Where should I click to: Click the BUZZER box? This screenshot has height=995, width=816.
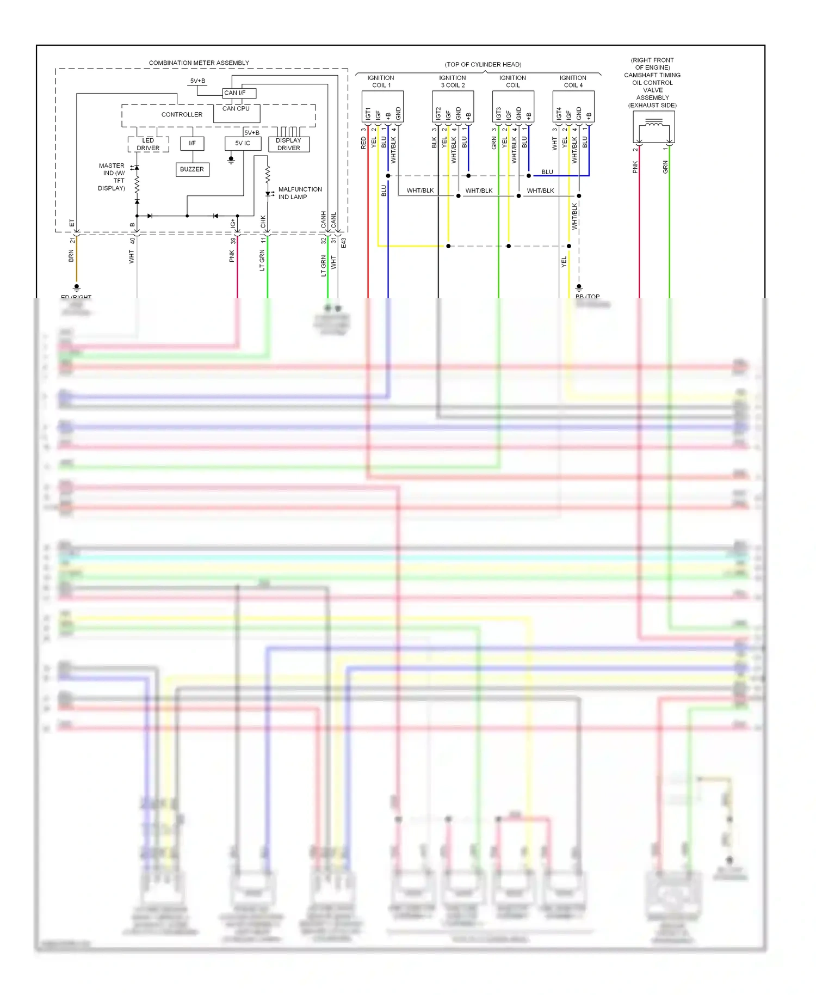pyautogui.click(x=192, y=169)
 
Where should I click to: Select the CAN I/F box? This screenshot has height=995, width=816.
pyautogui.click(x=238, y=93)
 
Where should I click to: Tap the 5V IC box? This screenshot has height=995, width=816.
pyautogui.click(x=243, y=143)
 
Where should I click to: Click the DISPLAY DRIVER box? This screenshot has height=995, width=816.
pyautogui.click(x=288, y=144)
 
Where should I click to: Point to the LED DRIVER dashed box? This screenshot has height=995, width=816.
pyautogui.click(x=148, y=144)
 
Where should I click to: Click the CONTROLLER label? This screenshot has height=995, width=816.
pyautogui.click(x=182, y=114)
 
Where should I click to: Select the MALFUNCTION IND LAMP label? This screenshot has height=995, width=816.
pyautogui.click(x=300, y=193)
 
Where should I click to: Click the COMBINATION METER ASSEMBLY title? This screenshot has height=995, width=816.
pyautogui.click(x=199, y=63)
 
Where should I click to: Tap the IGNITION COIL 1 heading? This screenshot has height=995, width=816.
pyautogui.click(x=381, y=82)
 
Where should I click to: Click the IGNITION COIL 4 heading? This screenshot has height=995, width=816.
pyautogui.click(x=573, y=82)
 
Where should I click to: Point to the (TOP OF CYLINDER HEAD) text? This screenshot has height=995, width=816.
pyautogui.click(x=483, y=65)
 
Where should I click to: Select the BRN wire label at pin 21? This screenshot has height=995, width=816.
pyautogui.click(x=71, y=256)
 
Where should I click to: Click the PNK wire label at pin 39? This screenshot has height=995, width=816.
pyautogui.click(x=232, y=256)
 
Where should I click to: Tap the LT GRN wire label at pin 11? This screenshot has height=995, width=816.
pyautogui.click(x=262, y=260)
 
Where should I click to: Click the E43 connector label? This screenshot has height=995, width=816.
pyautogui.click(x=344, y=243)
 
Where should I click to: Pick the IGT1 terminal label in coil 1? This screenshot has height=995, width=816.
pyautogui.click(x=368, y=114)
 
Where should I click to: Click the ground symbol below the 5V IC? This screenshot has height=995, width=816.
pyautogui.click(x=231, y=161)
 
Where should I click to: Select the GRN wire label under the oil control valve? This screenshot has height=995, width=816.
pyautogui.click(x=665, y=167)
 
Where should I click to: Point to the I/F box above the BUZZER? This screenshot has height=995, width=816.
pyautogui.click(x=192, y=143)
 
